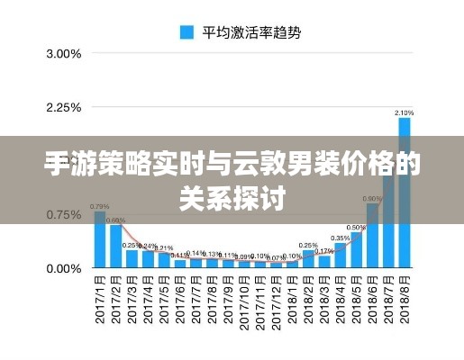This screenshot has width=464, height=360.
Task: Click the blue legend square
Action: coord(187,32)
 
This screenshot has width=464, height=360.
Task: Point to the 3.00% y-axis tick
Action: coord(63,54)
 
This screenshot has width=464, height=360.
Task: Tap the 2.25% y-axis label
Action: coord(63,108)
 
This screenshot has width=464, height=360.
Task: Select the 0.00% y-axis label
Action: coord(63,268)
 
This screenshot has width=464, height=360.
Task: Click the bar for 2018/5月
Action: coord(356,250)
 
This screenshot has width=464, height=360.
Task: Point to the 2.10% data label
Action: coord(405,112)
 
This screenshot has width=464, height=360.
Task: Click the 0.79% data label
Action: coord(100,207)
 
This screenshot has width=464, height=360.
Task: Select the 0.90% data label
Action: coord(372,198)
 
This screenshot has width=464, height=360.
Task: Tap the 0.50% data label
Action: coord(356,228)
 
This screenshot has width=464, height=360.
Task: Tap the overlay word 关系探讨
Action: coord(232,196)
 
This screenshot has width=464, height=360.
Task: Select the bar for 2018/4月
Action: coord(341,256)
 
